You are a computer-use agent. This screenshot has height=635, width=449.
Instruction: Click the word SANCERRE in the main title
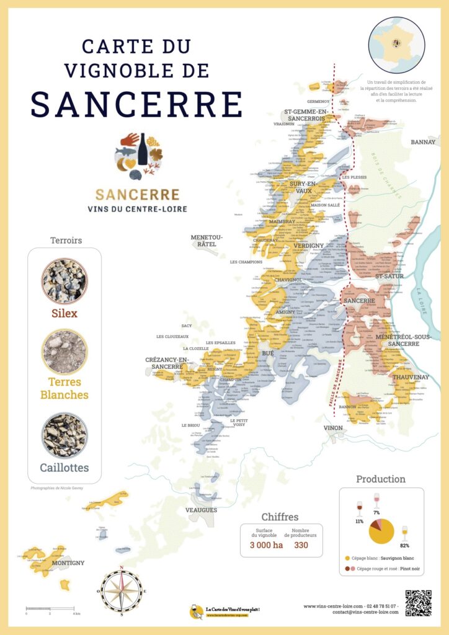point(137,104)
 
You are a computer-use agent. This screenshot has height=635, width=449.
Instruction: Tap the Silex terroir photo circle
point(64,280)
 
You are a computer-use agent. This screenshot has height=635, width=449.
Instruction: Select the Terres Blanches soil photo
point(64,352)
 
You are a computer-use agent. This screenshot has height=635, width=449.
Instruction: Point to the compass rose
point(122,590)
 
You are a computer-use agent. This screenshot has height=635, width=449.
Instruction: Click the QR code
point(417,603)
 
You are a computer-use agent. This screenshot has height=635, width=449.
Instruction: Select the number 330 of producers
point(301,545)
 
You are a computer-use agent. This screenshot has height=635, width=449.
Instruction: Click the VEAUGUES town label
point(202,510)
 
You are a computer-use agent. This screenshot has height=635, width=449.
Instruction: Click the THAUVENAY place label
point(411,376)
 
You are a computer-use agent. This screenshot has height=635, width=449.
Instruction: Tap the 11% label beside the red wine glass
point(359,522)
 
